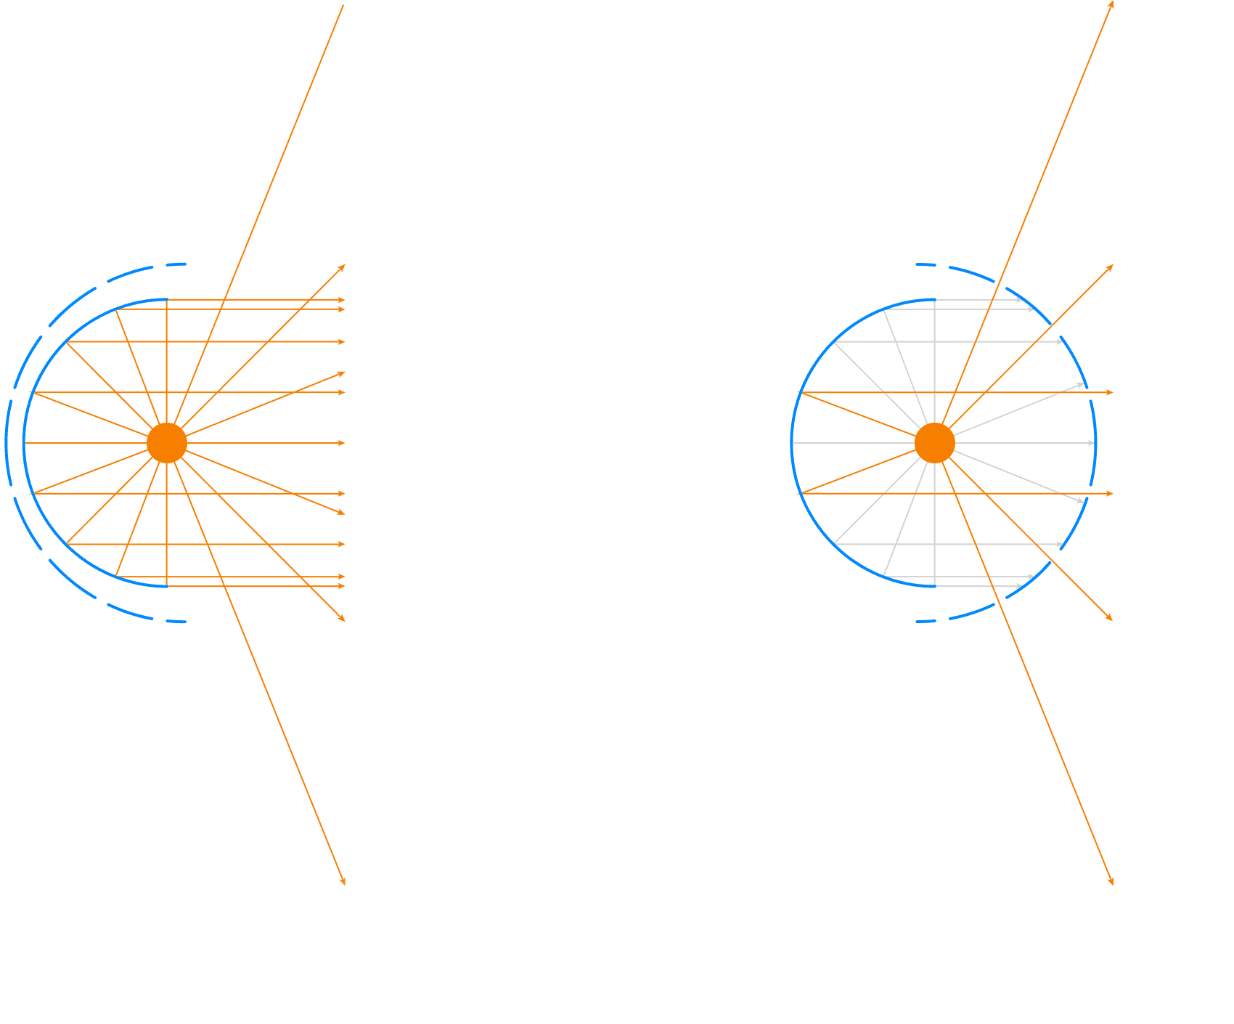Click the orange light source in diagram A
[x=167, y=443]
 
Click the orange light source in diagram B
[x=934, y=443]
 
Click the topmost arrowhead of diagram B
[x=1111, y=4]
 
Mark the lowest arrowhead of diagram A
[x=343, y=882]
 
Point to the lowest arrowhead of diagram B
[x=1111, y=882]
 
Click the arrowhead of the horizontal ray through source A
[x=343, y=443]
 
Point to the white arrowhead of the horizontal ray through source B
[x=1091, y=443]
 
